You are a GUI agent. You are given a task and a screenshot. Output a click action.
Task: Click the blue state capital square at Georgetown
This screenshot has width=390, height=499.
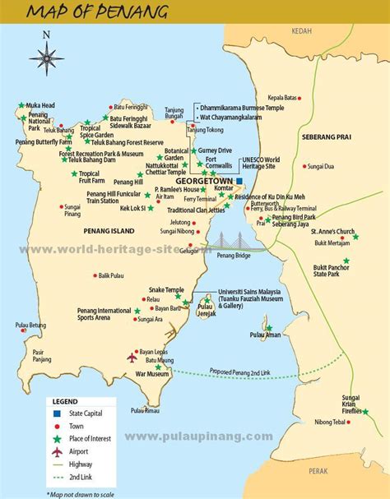coord(239,180)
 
